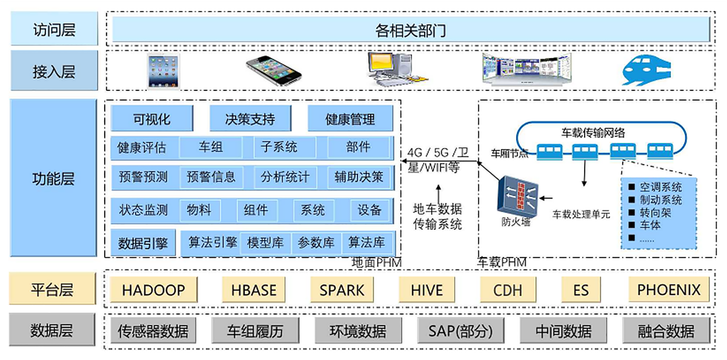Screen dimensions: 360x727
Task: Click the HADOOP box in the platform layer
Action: pyautogui.click(x=153, y=290)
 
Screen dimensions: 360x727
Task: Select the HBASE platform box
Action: pyautogui.click(x=254, y=290)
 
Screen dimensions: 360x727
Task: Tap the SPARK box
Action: pyautogui.click(x=342, y=290)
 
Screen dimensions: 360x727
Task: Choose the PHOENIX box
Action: pyautogui.click(x=668, y=290)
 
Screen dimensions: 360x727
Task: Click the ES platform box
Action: pyautogui.click(x=581, y=290)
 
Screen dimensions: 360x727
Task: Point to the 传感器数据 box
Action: pyautogui.click(x=153, y=331)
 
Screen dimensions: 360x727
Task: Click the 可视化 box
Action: pyautogui.click(x=152, y=119)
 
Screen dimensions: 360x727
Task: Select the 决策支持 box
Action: pyautogui.click(x=250, y=119)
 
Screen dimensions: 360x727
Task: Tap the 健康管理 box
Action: pyautogui.click(x=350, y=119)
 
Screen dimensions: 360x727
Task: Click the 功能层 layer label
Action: pyautogui.click(x=53, y=179)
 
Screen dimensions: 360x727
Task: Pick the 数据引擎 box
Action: pyautogui.click(x=143, y=243)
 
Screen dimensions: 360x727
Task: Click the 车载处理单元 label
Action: pyautogui.click(x=581, y=214)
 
